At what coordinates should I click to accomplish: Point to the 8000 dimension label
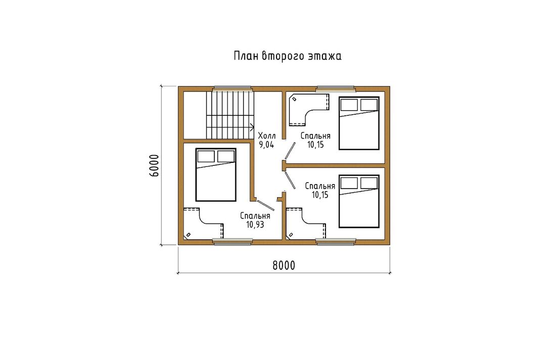pyautogui.click(x=284, y=265)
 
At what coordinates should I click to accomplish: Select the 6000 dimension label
pyautogui.click(x=154, y=165)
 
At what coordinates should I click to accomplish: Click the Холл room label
pyautogui.click(x=267, y=136)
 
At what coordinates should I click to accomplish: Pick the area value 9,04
pyautogui.click(x=266, y=145)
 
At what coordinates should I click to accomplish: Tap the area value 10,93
pyautogui.click(x=255, y=224)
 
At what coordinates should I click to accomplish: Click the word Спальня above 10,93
pyautogui.click(x=255, y=215)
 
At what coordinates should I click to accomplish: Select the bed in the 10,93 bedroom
pyautogui.click(x=216, y=175)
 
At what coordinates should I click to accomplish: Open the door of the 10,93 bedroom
pyautogui.click(x=265, y=205)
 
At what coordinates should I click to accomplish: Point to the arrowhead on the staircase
pyautogui.click(x=252, y=127)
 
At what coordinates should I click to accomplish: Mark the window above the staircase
pyautogui.click(x=233, y=87)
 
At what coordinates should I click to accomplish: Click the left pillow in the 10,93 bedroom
pyautogui.click(x=206, y=156)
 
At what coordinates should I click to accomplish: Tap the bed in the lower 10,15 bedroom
pyautogui.click(x=359, y=201)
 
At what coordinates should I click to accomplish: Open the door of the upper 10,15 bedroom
pyautogui.click(x=290, y=151)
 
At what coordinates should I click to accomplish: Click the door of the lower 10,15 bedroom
pyautogui.click(x=290, y=180)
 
